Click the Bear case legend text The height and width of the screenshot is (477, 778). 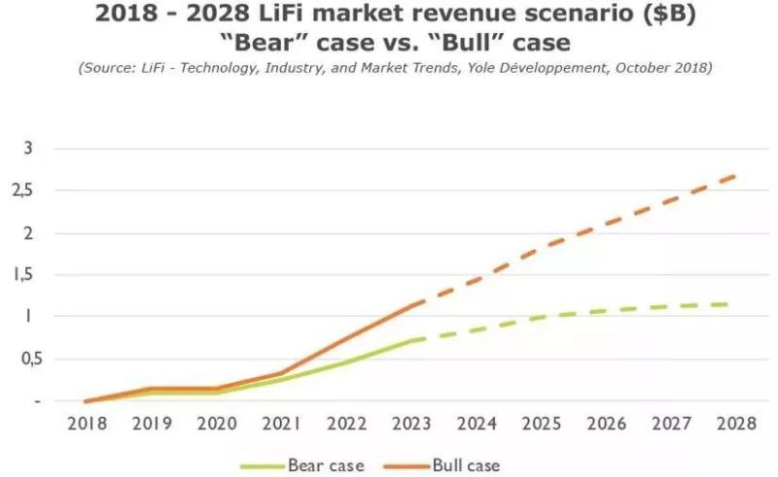[x=326, y=464]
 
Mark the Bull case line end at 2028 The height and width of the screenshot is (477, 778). [x=734, y=176]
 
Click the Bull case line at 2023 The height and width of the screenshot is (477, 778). [x=410, y=306]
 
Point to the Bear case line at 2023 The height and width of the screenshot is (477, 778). [x=410, y=341]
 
